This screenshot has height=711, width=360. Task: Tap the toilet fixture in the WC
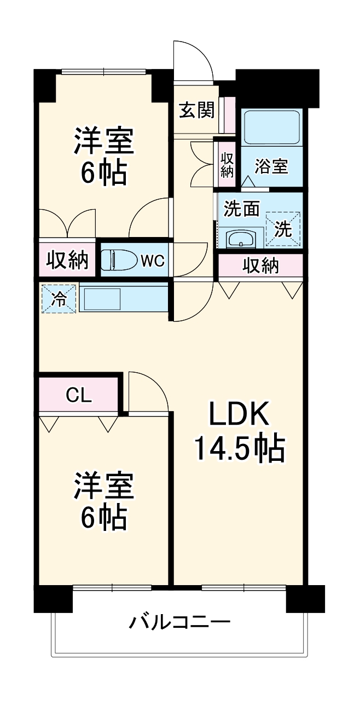118,259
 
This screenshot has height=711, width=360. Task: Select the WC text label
152,261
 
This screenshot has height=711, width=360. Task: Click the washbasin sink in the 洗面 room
240,239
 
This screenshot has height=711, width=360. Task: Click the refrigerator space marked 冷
58,299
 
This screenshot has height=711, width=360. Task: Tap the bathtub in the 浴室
271,128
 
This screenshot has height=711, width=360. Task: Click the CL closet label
79,395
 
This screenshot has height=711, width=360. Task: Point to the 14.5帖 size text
239,449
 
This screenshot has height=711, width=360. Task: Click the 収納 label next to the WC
67,261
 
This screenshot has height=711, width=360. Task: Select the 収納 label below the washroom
260,265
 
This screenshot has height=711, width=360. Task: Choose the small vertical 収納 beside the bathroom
227,164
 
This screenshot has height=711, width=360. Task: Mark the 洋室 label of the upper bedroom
104,141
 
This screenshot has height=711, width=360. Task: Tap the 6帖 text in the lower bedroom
104,517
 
